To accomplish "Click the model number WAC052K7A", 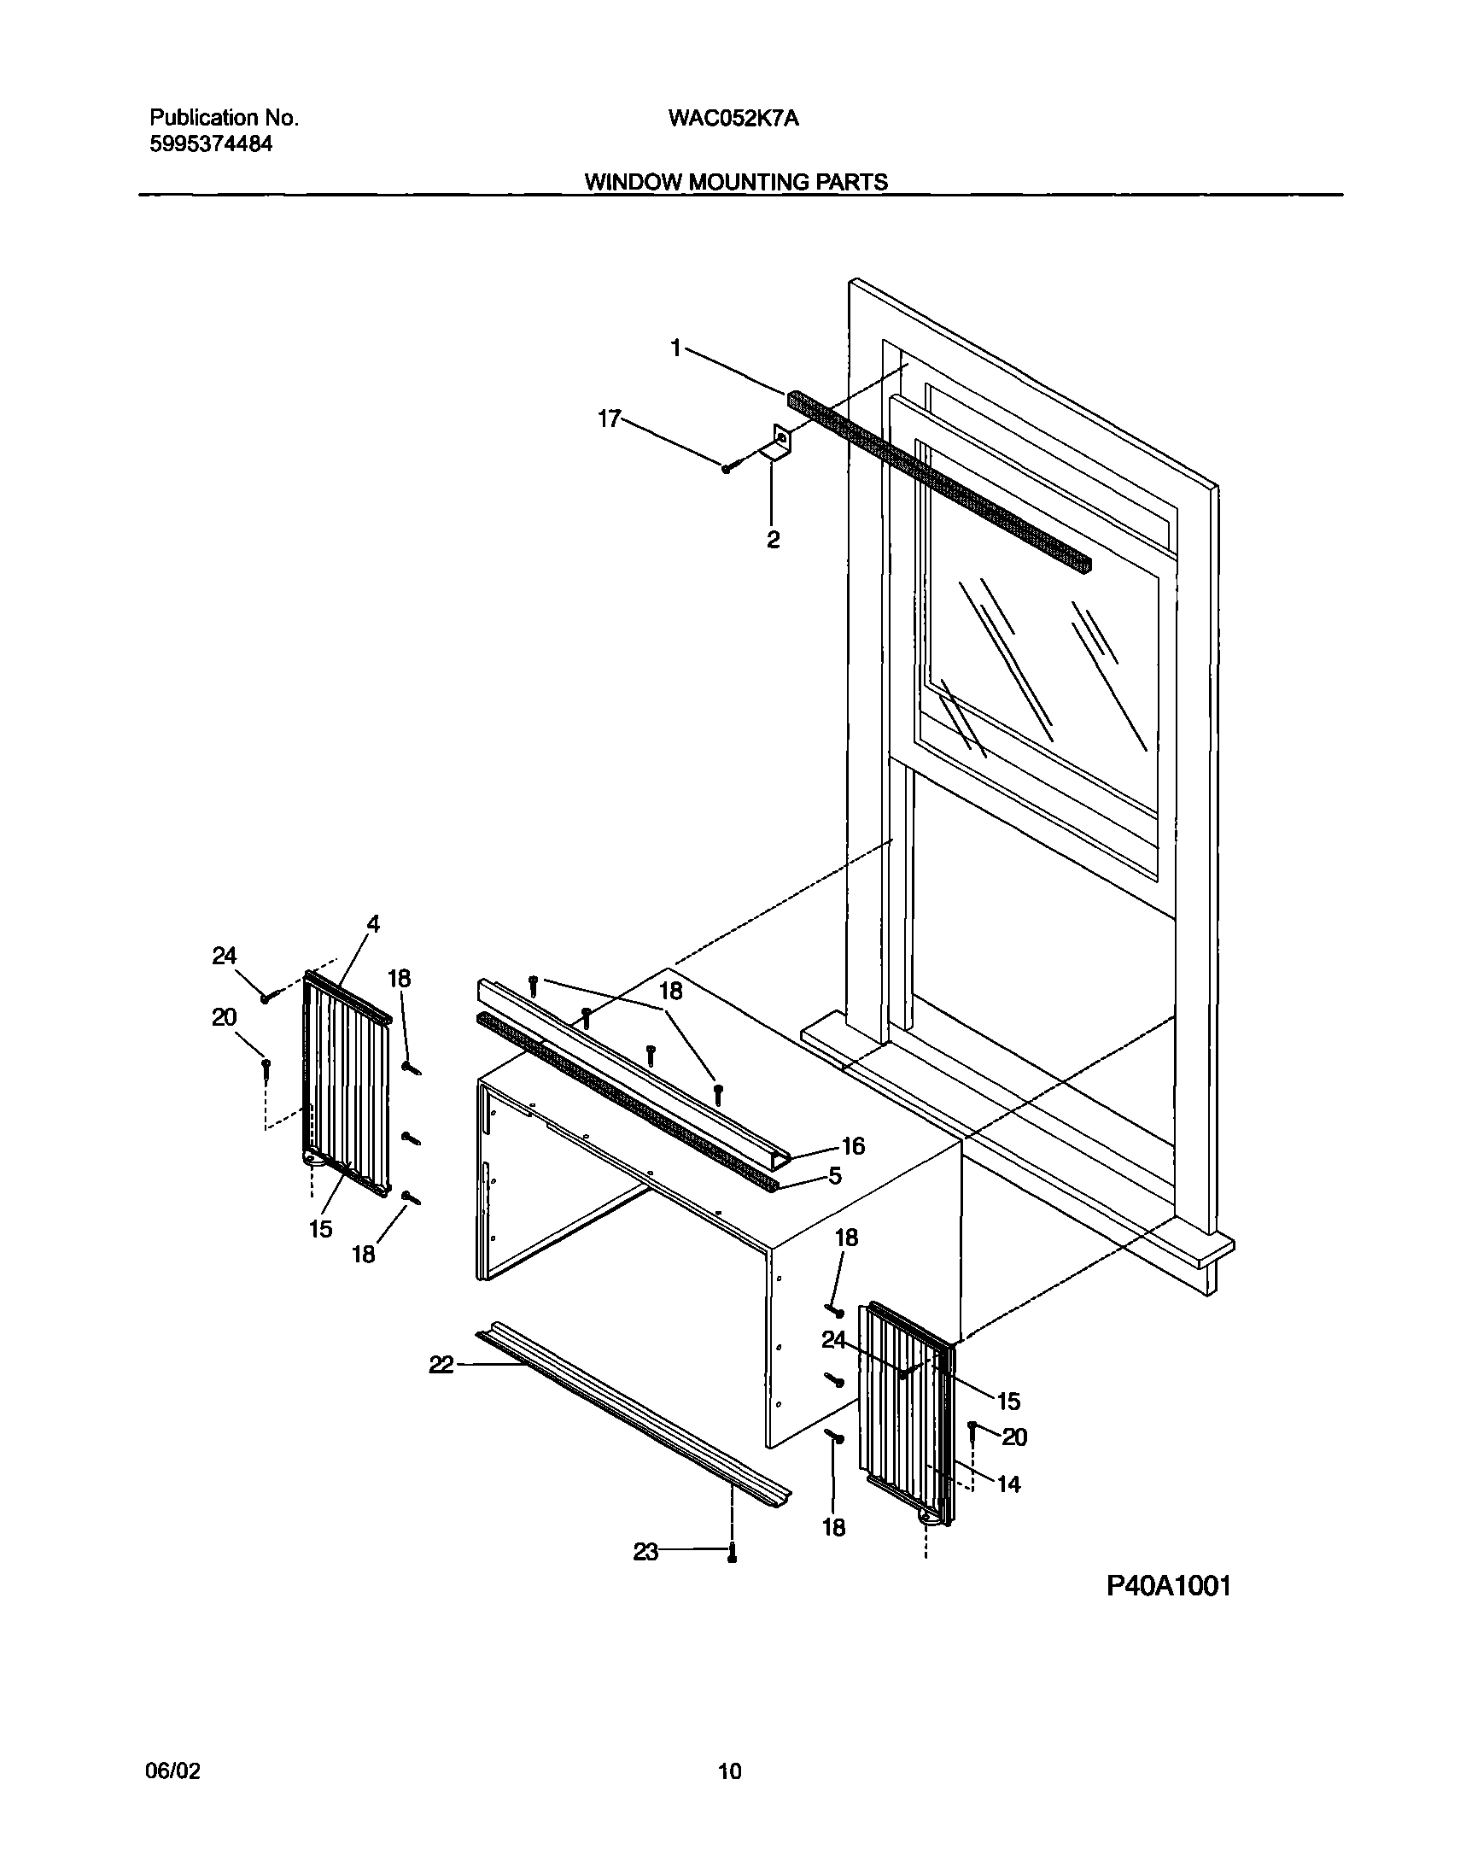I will coord(733,119).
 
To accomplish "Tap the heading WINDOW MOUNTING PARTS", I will coord(736,182).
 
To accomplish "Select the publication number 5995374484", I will coord(211,144).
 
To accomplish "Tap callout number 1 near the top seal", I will coord(676,348).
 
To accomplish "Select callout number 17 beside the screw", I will coord(609,418).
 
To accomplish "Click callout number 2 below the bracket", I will coord(773,540).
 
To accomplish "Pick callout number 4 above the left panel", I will coord(373,924).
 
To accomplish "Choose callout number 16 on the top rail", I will coord(853,1145).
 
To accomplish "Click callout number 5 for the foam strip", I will coord(835,1176).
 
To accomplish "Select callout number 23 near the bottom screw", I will coord(645,1551).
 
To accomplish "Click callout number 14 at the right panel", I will coord(1008,1484).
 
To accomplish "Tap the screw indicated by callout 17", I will coord(727,469).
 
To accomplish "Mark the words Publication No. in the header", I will coord(224,118).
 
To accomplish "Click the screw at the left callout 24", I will coord(266,998).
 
